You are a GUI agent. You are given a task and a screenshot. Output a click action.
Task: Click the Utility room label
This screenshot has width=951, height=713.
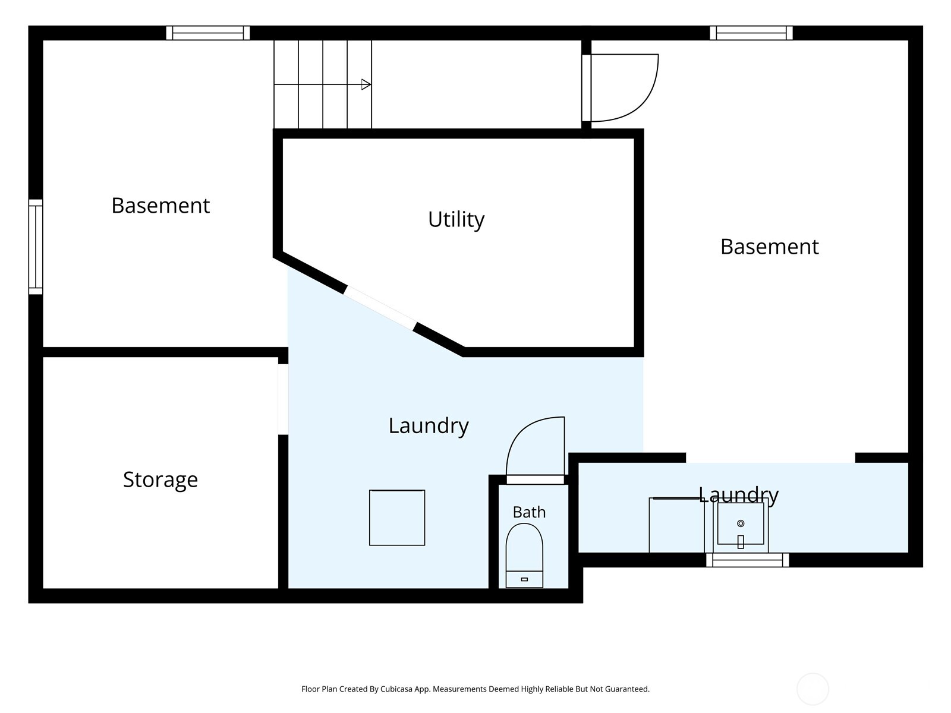456,219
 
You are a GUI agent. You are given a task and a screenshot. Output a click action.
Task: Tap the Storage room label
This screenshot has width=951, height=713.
160,480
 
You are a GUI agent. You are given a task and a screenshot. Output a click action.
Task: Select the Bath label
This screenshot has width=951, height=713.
529,512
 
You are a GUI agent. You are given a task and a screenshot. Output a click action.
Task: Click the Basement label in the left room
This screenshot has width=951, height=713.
160,205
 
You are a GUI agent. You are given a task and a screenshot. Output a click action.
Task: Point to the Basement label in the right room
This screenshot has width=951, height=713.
770,247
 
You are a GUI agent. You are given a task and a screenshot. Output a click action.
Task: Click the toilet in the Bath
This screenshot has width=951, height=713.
524,556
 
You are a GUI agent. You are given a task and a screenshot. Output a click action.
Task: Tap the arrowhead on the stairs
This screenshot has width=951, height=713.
366,84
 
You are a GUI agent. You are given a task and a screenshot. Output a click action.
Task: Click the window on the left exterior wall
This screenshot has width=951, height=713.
36,247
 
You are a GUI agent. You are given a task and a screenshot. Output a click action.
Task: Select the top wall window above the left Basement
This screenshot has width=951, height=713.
208,33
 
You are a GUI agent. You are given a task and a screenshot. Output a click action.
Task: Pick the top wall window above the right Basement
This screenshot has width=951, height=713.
751,33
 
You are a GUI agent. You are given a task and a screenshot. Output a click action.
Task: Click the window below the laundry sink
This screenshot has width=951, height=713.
747,560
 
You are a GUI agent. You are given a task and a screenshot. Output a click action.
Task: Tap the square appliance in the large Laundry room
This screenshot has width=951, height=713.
397,518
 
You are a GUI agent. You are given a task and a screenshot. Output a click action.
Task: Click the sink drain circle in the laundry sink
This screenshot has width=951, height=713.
741,523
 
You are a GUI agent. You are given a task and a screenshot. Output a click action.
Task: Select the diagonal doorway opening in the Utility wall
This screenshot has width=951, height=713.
380,308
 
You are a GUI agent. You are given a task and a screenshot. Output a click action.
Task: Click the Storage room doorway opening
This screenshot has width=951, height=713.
283,399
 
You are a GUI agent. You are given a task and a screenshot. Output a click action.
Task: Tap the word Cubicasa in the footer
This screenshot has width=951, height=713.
396,689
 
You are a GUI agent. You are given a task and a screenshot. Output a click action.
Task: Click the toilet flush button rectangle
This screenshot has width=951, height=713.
524,579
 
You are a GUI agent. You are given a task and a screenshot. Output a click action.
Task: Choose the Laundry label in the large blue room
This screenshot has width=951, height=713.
429,426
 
